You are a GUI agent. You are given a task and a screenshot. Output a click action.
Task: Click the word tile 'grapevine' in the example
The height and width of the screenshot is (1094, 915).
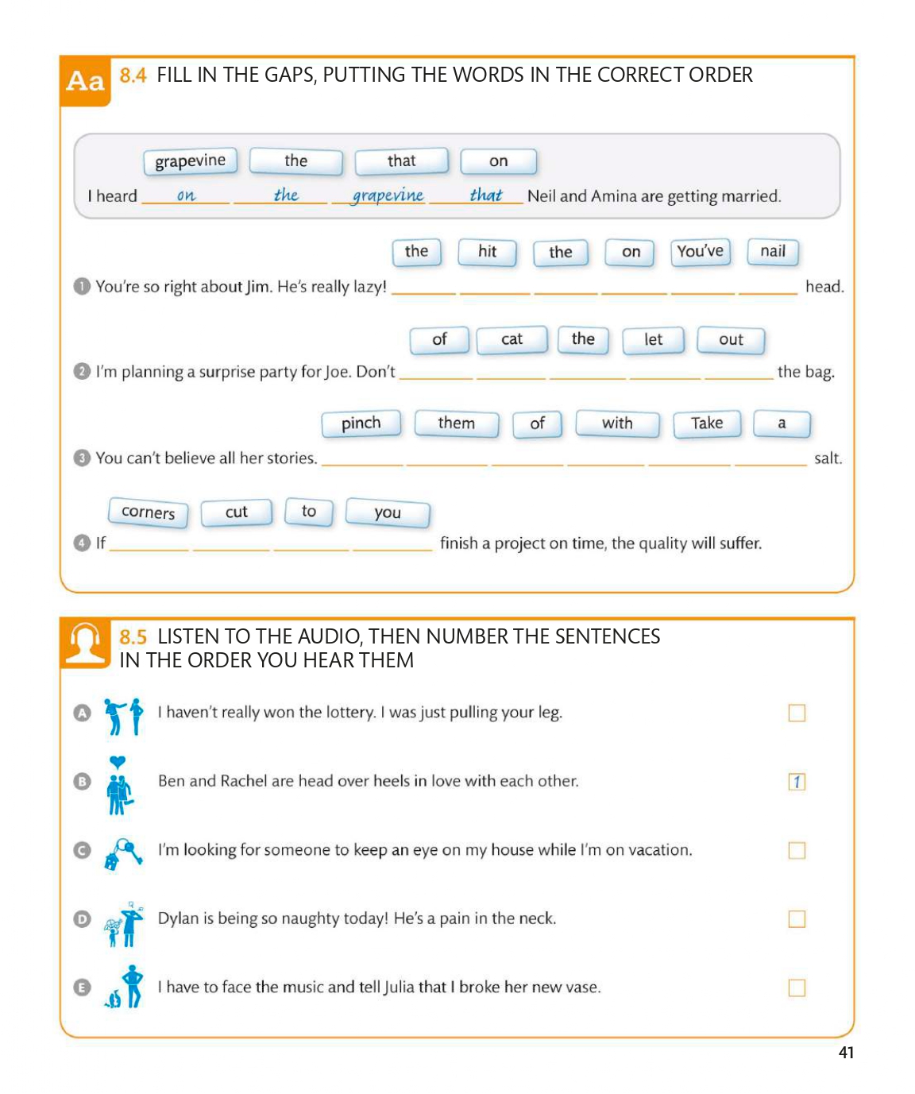[x=191, y=161]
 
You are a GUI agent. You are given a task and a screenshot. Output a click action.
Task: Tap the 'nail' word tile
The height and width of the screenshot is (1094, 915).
[x=773, y=252]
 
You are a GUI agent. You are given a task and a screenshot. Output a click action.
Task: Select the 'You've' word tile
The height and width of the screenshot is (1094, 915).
[x=700, y=252]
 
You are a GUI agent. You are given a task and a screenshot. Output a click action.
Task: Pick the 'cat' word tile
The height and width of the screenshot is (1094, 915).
[x=512, y=339]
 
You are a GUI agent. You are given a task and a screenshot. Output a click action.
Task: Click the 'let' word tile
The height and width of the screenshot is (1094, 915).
[x=653, y=339]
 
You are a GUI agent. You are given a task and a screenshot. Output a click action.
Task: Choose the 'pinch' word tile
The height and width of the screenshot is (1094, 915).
[x=361, y=423]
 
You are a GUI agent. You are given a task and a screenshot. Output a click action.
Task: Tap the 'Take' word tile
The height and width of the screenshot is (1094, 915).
[x=706, y=423]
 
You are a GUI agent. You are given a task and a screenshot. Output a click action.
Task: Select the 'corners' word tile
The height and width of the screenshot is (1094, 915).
[x=148, y=512]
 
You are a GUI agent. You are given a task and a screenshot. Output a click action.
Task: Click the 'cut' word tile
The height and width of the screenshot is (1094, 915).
[x=237, y=512]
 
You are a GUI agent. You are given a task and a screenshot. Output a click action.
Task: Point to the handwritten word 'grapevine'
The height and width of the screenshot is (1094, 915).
[x=388, y=195]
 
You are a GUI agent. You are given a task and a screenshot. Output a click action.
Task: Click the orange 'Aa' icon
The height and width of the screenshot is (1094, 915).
[x=86, y=81]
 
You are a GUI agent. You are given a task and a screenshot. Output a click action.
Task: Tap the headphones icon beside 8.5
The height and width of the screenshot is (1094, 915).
[x=86, y=642]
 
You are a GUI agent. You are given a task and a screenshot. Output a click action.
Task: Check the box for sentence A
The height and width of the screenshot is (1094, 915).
[x=797, y=713]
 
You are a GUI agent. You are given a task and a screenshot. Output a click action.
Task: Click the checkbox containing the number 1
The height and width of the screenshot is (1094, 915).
[x=797, y=782]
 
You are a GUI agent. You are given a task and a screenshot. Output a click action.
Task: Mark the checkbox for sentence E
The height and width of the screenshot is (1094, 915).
[x=797, y=988]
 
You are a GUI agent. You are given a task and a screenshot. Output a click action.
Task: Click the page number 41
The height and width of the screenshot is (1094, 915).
[x=846, y=1053]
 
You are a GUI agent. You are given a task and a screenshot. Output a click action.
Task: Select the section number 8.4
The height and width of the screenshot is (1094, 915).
[x=133, y=75]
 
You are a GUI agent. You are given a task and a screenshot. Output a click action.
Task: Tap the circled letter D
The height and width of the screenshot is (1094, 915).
[x=82, y=919]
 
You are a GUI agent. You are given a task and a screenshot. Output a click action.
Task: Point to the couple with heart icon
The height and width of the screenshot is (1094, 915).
[x=118, y=785]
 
